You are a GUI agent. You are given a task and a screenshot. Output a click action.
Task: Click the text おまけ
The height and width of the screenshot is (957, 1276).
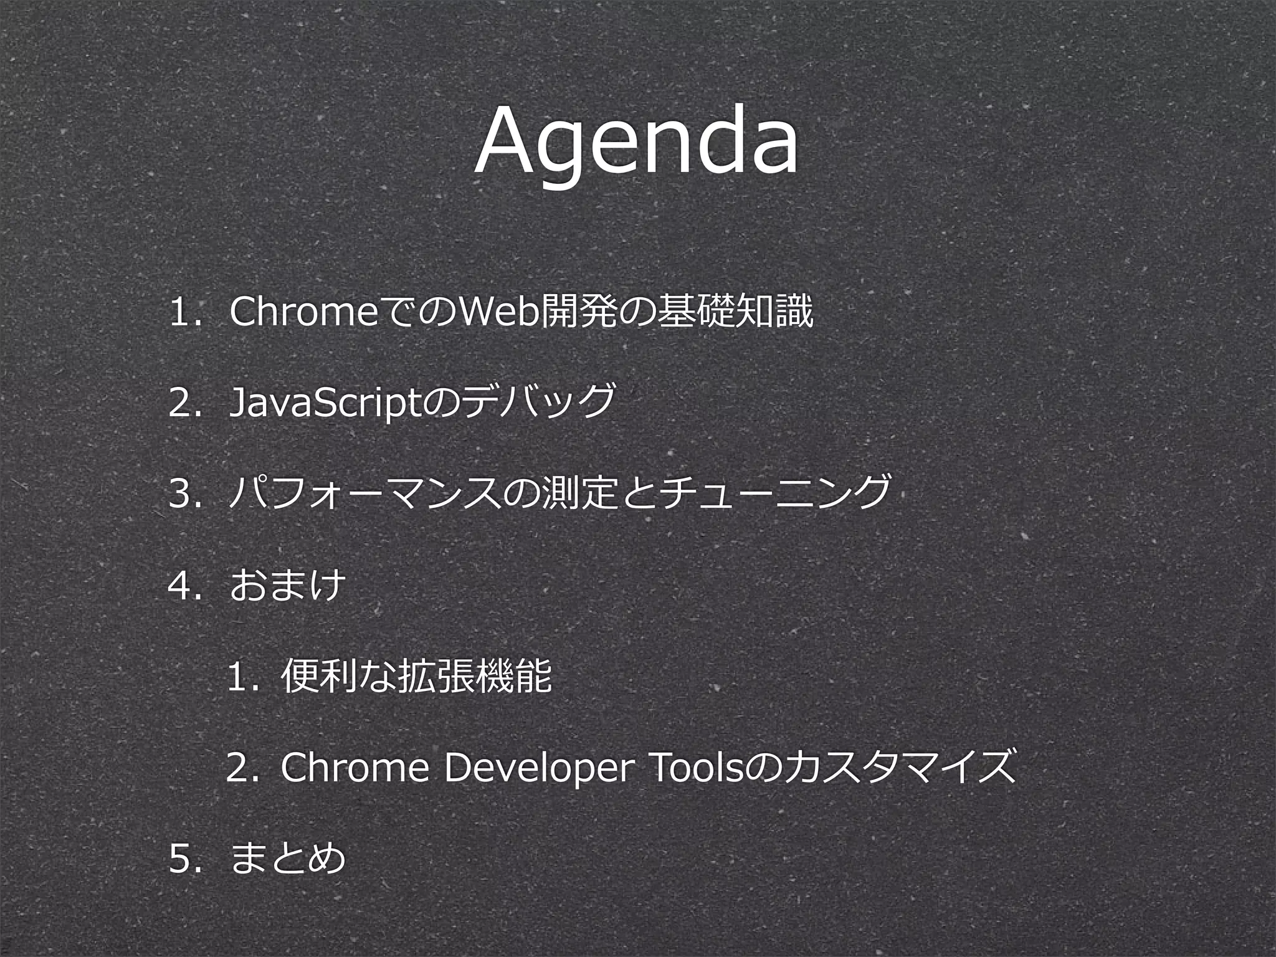coord(287,586)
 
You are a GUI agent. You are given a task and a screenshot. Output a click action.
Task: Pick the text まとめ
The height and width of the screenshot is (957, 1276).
coord(287,859)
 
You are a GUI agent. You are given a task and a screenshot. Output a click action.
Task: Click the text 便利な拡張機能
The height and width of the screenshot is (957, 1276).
coord(416,677)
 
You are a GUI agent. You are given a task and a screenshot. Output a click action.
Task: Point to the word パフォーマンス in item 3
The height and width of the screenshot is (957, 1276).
coord(364,494)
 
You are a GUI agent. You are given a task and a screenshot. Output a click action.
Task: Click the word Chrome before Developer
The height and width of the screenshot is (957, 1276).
coord(355,769)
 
